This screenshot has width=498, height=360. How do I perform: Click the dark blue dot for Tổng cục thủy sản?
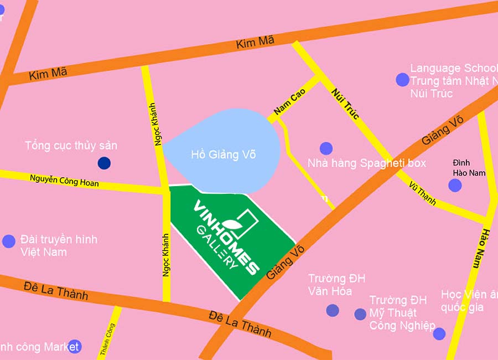point(103,163)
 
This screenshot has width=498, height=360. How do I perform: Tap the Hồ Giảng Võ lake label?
point(223,155)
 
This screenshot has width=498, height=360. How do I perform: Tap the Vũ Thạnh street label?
point(423,193)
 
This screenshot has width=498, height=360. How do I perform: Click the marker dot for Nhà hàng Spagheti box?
point(326,148)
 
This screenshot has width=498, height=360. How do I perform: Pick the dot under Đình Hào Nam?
point(455,185)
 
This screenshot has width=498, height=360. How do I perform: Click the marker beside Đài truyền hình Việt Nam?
point(9,241)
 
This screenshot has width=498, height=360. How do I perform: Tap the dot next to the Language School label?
point(402,80)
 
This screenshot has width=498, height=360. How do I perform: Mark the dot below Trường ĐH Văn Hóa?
point(332,310)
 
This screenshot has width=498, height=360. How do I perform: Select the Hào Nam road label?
point(480,247)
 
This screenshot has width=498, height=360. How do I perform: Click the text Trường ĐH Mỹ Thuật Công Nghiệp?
point(402,313)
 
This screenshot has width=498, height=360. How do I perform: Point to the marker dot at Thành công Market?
point(74,347)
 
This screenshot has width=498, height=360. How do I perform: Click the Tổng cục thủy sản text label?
point(71,146)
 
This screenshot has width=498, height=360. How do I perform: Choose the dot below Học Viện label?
point(439,333)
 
